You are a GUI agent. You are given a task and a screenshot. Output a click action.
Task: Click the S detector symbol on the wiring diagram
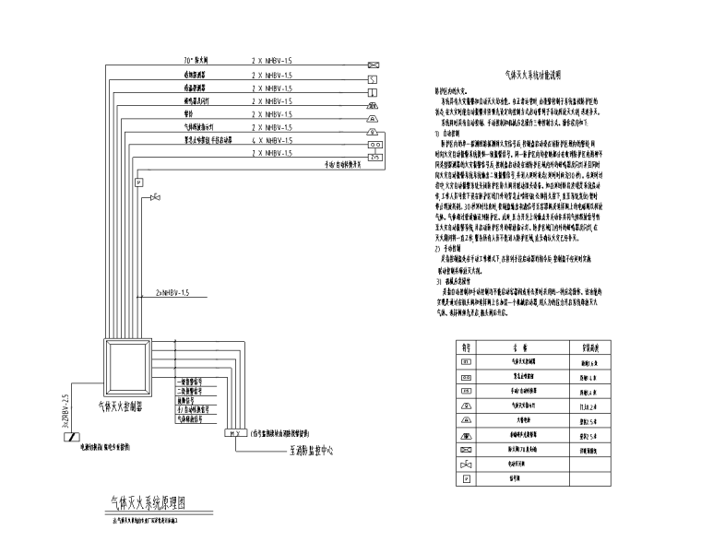373,78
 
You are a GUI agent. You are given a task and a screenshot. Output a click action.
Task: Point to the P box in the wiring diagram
139,183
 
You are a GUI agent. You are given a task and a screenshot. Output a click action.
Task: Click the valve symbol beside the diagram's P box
158,194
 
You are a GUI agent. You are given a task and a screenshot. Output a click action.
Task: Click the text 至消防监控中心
305,452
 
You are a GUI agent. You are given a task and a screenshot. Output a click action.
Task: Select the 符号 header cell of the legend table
466,348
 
